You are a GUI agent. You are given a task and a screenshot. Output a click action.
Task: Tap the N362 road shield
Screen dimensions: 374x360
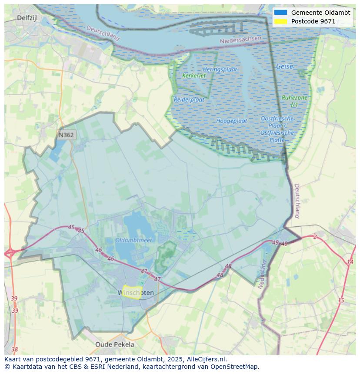[66, 135]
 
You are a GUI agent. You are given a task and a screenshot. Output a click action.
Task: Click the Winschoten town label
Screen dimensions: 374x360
[136, 293]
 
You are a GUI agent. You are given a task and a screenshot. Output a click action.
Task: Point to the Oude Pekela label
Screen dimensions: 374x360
[115, 344]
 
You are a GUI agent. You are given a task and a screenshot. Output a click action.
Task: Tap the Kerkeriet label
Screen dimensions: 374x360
[194, 76]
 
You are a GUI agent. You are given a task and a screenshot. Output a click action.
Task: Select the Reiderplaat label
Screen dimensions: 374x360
[189, 99]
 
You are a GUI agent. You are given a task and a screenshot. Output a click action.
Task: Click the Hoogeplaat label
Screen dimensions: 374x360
[232, 121]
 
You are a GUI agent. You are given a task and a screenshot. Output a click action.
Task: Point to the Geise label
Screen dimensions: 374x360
[284, 67]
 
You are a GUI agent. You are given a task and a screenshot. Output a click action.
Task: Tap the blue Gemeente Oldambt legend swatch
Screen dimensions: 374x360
[281, 13]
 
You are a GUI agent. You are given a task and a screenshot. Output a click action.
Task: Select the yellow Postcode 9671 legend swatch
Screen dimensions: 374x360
[281, 21]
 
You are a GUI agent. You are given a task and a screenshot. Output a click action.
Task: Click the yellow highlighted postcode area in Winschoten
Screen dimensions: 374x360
[131, 292]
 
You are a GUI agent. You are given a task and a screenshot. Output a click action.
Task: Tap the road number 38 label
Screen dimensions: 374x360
[15, 349]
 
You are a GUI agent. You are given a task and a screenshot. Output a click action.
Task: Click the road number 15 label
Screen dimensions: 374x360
[341, 301]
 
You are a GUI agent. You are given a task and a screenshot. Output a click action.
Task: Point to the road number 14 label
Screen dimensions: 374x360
[350, 262]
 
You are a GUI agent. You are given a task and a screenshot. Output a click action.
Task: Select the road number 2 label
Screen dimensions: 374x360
[315, 237]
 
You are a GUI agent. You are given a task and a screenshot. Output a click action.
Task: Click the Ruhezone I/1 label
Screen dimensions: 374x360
[294, 101]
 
